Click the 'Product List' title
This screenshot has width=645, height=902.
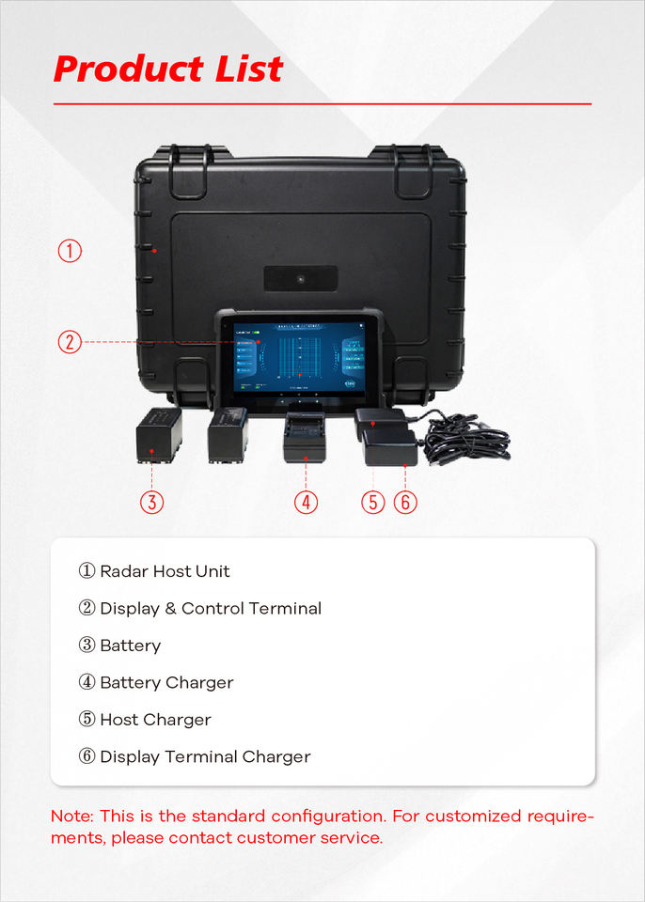(168, 69)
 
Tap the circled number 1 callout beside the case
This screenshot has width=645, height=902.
(70, 251)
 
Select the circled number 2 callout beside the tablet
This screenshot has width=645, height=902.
(70, 342)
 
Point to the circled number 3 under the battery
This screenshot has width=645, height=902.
(152, 502)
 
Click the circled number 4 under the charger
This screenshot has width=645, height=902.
(306, 502)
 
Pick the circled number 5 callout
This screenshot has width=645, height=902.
(373, 502)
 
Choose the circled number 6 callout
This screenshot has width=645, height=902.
(405, 502)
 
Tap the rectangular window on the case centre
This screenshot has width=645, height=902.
(301, 278)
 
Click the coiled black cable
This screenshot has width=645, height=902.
(465, 439)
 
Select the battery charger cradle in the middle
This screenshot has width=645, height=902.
(304, 437)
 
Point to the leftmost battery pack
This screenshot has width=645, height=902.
(158, 435)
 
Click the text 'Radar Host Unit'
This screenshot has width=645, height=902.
(165, 571)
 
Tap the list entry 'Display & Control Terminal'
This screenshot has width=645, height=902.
(211, 608)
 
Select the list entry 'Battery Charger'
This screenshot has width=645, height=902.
(166, 682)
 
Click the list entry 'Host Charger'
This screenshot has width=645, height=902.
(155, 720)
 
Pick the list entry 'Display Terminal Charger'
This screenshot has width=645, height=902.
(205, 756)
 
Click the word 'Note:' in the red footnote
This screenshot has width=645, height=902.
(72, 816)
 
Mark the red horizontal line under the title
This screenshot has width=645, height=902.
(322, 103)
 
